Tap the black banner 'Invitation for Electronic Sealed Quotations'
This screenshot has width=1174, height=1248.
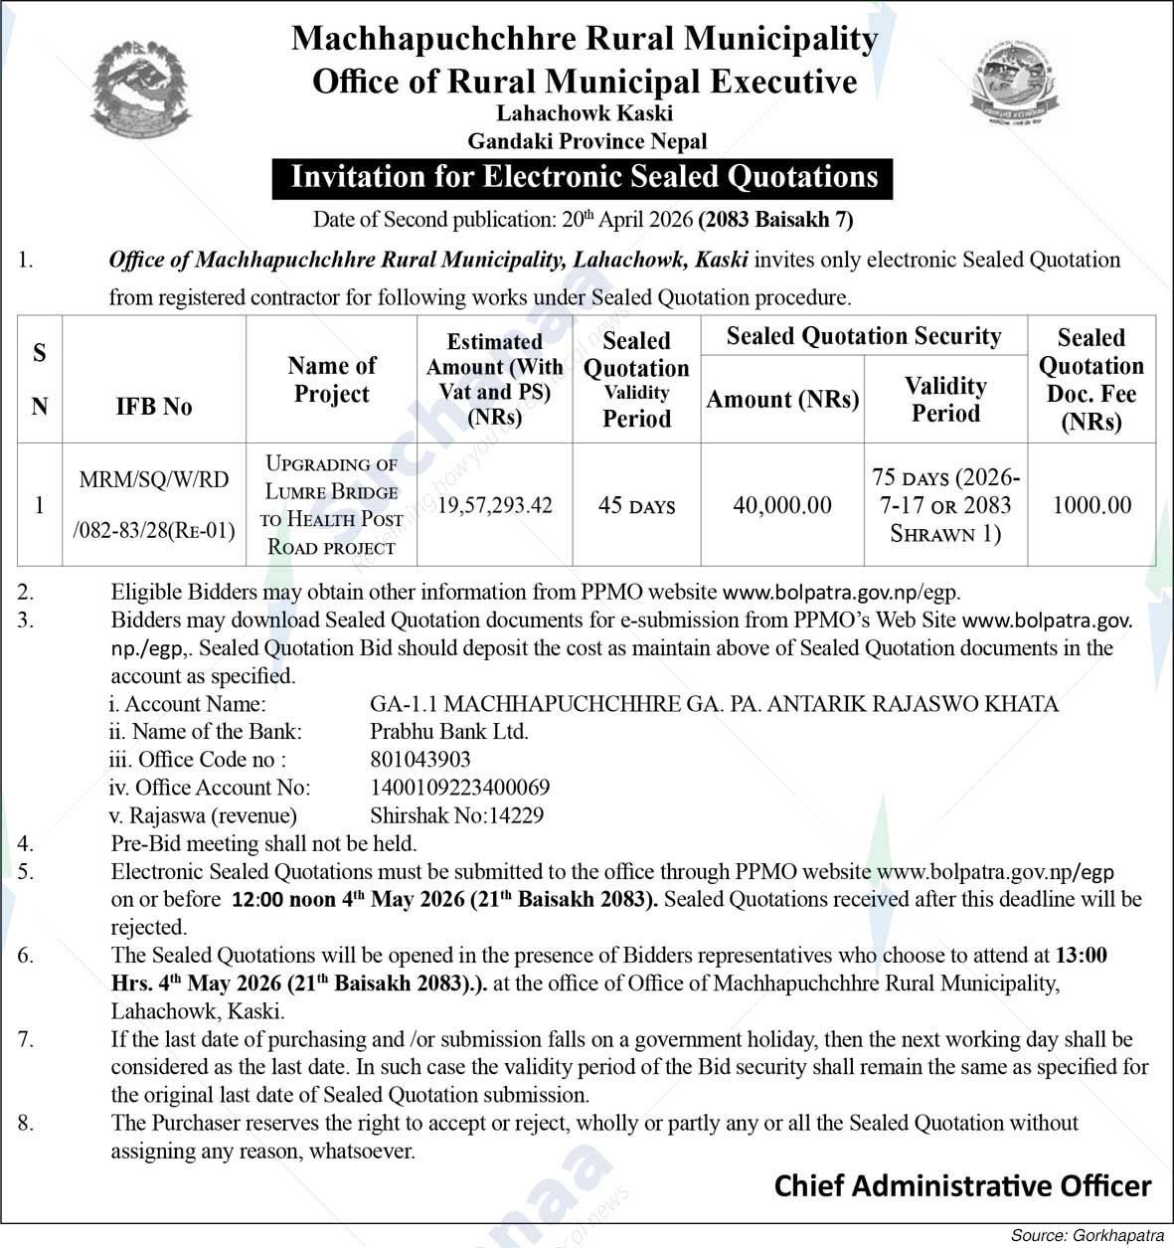click(x=584, y=178)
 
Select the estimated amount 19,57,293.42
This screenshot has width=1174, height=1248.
click(x=495, y=505)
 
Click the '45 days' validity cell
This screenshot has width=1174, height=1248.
click(x=636, y=505)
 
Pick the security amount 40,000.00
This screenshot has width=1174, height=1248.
click(x=782, y=505)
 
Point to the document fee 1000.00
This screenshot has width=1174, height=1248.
click(x=1091, y=505)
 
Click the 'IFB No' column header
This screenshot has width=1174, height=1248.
click(x=154, y=407)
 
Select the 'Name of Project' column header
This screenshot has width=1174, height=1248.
click(x=332, y=380)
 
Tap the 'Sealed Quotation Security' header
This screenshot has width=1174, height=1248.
click(x=863, y=336)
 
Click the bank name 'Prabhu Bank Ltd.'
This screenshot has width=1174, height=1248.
click(x=449, y=732)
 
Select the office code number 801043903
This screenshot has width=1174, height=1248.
click(x=420, y=760)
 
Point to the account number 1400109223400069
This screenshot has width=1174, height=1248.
click(x=460, y=788)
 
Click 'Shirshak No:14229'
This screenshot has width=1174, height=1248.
click(x=457, y=815)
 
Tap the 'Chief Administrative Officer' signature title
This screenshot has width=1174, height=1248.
click(x=962, y=1186)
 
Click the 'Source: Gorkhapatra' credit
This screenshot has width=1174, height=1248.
click(x=1087, y=1235)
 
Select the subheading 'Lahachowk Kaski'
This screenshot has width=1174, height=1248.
click(x=586, y=113)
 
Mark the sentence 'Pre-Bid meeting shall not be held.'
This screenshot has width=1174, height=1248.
click(x=263, y=843)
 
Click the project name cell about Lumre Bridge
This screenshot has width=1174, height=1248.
click(x=331, y=505)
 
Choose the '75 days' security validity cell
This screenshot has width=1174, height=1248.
click(x=945, y=505)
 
